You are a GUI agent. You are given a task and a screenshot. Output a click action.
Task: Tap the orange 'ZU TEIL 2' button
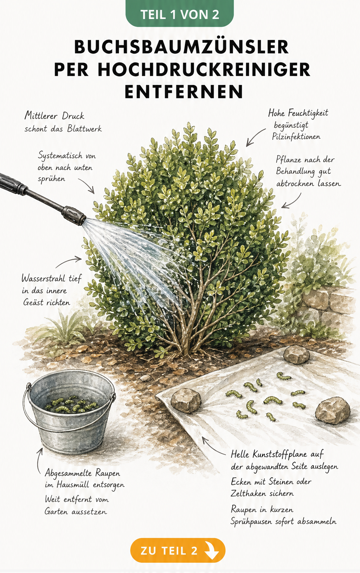pos(178,550)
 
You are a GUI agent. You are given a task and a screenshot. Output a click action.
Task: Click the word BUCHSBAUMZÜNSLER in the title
pos(181,47)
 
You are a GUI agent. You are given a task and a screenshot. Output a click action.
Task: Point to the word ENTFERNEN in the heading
pos(184,91)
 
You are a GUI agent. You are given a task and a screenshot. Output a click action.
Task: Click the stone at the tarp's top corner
pos(296,354)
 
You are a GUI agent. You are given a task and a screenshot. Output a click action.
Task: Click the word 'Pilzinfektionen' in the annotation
pos(296,136)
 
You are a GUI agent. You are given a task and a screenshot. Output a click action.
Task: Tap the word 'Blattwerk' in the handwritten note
pos(85,128)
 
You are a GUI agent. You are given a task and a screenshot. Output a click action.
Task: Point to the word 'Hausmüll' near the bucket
pos(72,484)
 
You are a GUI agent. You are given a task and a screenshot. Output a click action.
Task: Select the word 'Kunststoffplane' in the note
pos(280,454)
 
